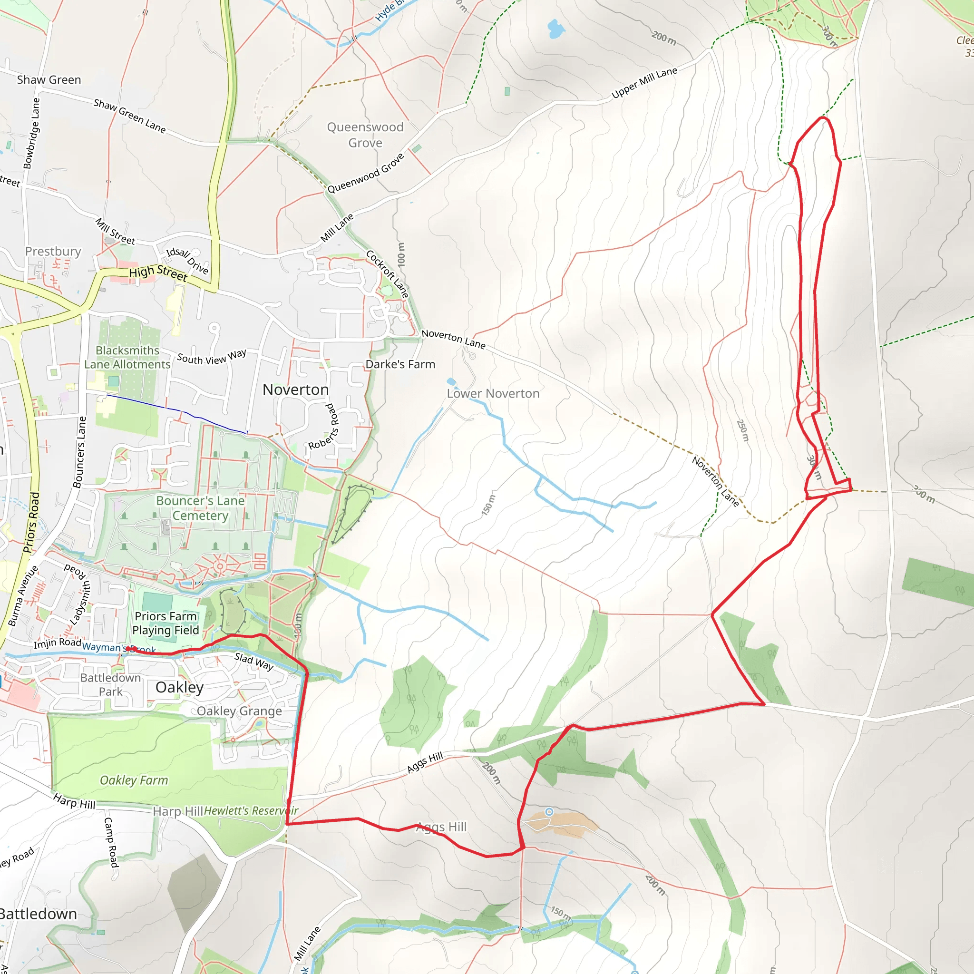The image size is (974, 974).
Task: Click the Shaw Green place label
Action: click(49, 79)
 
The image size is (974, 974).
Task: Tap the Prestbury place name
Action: click(53, 251)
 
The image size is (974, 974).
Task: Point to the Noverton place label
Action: click(295, 390)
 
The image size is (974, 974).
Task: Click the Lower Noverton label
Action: click(493, 393)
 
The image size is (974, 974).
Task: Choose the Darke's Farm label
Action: click(400, 364)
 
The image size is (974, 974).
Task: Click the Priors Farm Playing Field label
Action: click(166, 623)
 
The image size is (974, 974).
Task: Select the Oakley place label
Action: click(179, 687)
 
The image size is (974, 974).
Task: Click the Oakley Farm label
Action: click(134, 780)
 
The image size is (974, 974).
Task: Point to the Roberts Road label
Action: click(323, 427)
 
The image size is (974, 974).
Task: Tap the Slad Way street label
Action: click(253, 662)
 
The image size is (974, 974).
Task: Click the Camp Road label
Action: click(111, 842)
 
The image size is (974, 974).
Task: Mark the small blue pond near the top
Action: click(555, 29)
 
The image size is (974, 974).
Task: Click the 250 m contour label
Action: click(742, 430)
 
